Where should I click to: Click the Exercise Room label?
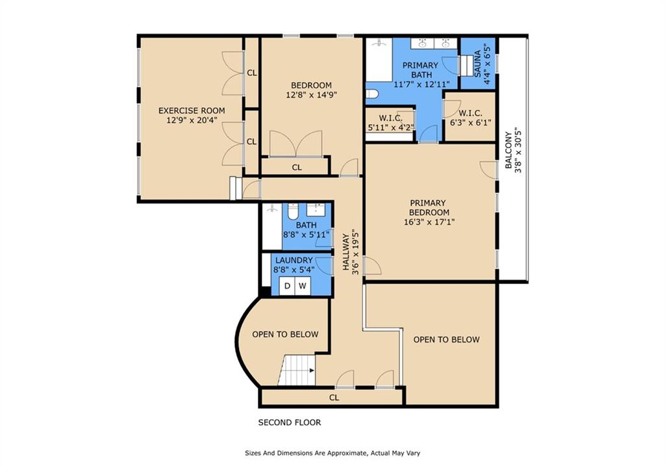coord(192,111)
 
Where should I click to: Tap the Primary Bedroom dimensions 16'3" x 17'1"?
coord(429,222)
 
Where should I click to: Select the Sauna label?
coord(477,64)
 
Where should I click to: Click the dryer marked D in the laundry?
coord(287,286)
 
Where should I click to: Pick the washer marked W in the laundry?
coord(303,286)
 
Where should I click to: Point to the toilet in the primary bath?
coord(372,94)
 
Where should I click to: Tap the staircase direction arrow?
coord(312,371)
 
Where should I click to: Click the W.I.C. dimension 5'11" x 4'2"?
coord(390,127)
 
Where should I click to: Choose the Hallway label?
coord(347,252)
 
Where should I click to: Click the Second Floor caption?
coord(290,423)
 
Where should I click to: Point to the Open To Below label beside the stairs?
coord(286,335)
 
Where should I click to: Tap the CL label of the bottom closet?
coord(334,398)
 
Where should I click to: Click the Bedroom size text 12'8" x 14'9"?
coord(311,95)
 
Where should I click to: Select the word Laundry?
coord(294,260)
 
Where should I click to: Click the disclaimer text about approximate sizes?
coord(332,453)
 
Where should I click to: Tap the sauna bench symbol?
coord(466,66)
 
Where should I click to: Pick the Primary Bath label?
coord(420,70)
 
